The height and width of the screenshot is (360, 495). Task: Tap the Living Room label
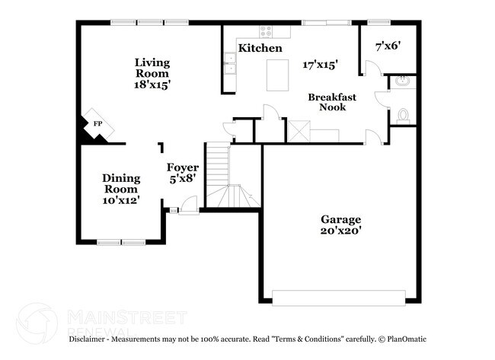click(152, 68)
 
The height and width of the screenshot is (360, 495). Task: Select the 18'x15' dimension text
click(152, 85)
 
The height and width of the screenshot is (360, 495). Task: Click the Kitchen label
click(260, 49)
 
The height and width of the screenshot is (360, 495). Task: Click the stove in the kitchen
click(265, 32)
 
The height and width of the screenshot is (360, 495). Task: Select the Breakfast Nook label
click(327, 102)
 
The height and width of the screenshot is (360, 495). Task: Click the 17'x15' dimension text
click(320, 65)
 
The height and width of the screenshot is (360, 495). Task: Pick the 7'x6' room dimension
click(388, 46)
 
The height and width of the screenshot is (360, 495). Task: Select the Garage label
click(340, 220)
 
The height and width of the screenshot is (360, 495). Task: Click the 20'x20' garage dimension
click(340, 231)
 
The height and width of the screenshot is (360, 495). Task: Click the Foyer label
click(183, 167)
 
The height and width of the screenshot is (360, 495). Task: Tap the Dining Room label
click(121, 183)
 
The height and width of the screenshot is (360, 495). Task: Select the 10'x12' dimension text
click(121, 200)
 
